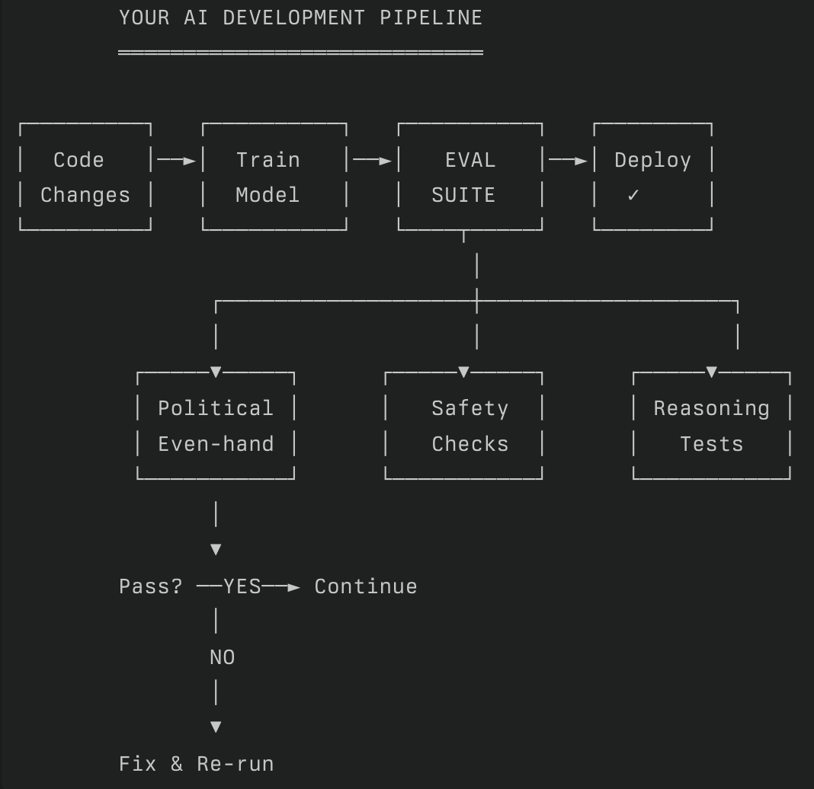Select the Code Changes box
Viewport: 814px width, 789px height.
tap(85, 177)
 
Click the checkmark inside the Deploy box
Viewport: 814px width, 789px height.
tap(633, 196)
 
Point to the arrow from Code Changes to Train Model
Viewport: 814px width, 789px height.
tap(177, 161)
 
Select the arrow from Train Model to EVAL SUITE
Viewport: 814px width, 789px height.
tap(373, 161)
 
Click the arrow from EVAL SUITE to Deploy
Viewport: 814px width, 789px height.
tap(569, 161)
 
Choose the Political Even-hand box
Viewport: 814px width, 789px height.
tap(216, 426)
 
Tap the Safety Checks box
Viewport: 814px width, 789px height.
tap(463, 426)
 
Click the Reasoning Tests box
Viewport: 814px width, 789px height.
tap(712, 426)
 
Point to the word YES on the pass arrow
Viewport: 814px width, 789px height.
tap(242, 586)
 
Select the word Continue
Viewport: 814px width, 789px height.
tap(366, 586)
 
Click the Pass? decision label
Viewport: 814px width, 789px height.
tap(151, 586)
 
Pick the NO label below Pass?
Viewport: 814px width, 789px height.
tap(222, 657)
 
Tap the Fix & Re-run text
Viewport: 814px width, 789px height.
tap(196, 764)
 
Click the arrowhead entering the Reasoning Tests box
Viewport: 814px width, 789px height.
tap(711, 372)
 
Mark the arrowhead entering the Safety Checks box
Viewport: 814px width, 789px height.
tap(463, 372)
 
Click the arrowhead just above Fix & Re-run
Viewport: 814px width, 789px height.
tap(216, 727)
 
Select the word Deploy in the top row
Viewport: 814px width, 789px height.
tap(652, 161)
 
